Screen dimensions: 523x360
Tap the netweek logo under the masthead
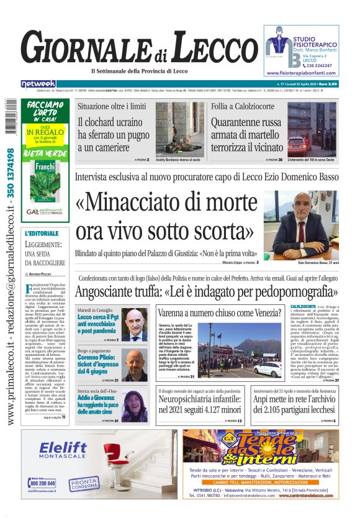38,83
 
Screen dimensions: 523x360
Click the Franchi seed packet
45,180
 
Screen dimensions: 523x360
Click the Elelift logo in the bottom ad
67,450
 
